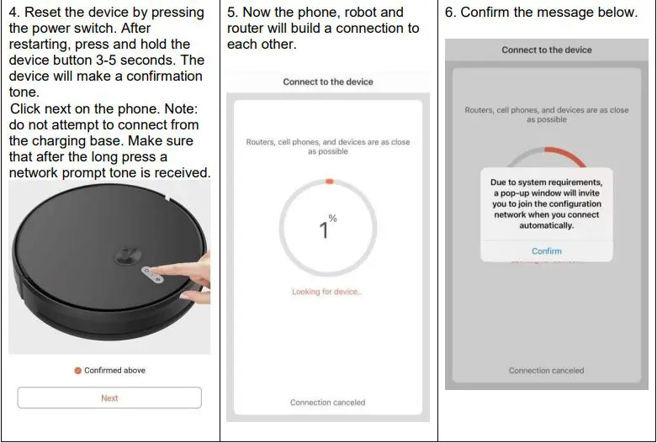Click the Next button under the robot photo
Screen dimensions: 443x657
[x=109, y=398]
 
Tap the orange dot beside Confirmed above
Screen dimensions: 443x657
[x=77, y=371]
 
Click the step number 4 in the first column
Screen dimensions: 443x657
[x=13, y=13]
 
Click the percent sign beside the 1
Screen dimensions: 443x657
[x=333, y=219]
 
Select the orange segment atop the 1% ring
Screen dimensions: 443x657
[x=330, y=181]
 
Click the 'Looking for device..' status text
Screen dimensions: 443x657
[x=327, y=292]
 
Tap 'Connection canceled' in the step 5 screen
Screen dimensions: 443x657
[x=327, y=403]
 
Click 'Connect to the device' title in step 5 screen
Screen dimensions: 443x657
[x=327, y=82]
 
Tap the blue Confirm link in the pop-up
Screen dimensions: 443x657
[x=546, y=251]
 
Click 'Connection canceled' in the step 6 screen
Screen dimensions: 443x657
[x=546, y=371]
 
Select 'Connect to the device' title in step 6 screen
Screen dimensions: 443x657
[x=547, y=50]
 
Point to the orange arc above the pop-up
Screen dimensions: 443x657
[x=564, y=155]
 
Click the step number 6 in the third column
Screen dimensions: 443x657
[x=450, y=13]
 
